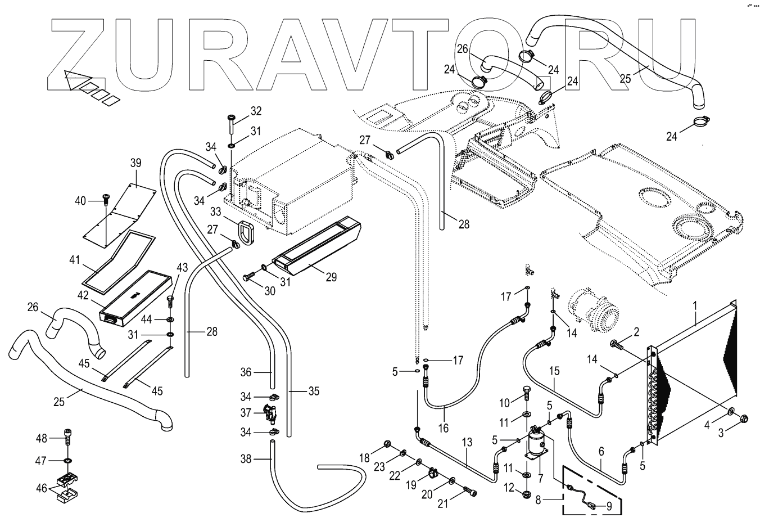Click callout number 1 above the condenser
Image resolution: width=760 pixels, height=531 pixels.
click(695, 307)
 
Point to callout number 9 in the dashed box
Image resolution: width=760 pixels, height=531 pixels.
click(608, 505)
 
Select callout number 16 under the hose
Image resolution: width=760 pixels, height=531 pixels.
click(444, 428)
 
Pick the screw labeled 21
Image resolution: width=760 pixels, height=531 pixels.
click(471, 492)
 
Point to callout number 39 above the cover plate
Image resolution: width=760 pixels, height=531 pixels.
click(135, 163)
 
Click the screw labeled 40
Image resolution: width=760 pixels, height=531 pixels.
click(106, 199)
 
